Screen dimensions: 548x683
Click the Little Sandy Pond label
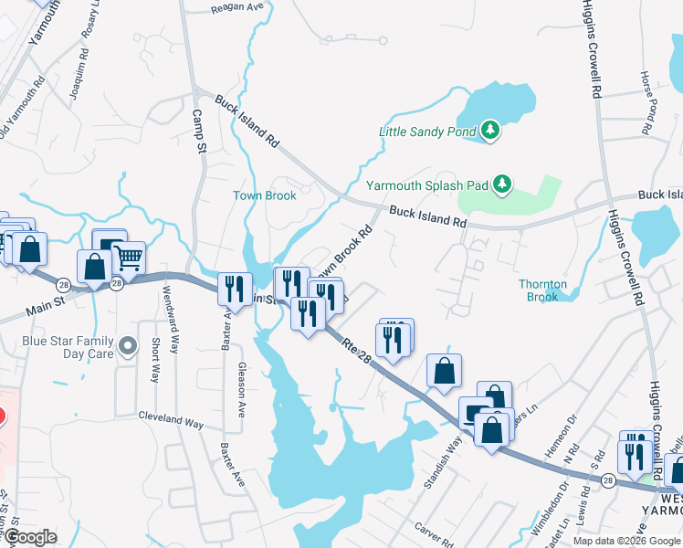tap(427, 132)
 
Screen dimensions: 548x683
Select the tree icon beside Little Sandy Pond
tap(491, 131)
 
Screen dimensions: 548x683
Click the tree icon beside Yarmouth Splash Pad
tap(501, 184)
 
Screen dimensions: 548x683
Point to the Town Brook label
tap(265, 195)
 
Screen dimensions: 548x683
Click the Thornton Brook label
tap(543, 290)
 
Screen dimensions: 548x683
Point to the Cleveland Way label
tap(171, 422)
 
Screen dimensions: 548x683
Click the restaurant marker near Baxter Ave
tap(235, 289)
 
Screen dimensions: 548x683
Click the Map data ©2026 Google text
tap(626, 541)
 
